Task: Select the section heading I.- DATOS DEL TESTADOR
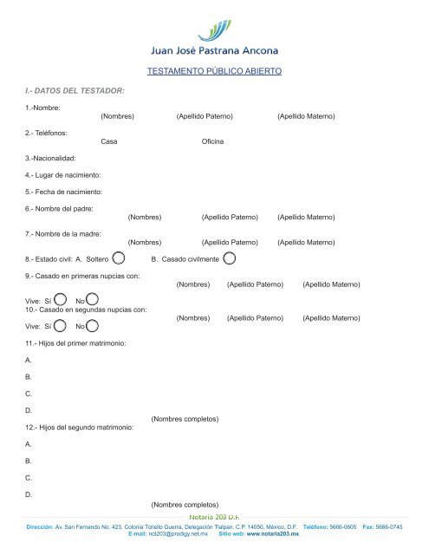[75, 90]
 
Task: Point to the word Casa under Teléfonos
[109, 140]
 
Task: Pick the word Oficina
[213, 140]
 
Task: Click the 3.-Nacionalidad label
[50, 158]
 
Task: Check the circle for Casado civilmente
[229, 258]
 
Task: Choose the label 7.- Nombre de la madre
[66, 233]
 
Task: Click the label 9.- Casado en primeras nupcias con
[83, 276]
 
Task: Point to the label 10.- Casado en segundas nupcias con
[86, 309]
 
